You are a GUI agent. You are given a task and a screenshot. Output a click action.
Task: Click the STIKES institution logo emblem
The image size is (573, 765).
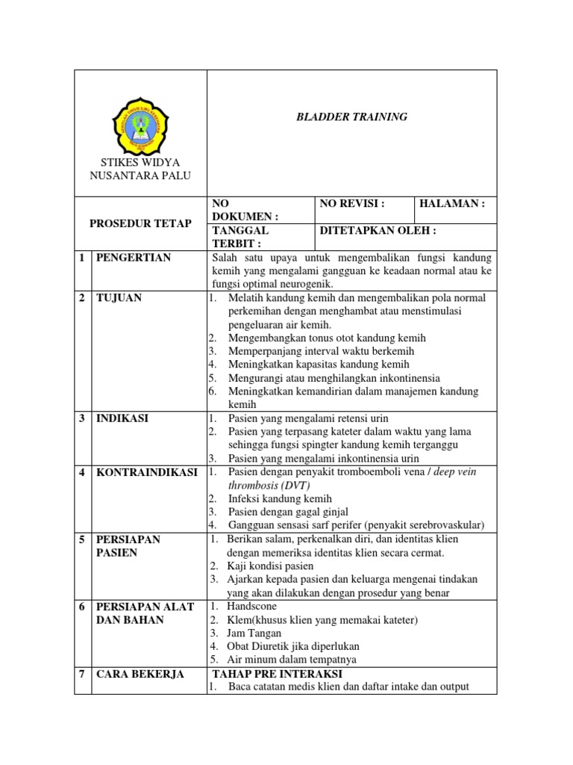tap(140, 123)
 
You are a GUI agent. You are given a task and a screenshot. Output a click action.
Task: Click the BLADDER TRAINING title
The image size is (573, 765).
tap(351, 117)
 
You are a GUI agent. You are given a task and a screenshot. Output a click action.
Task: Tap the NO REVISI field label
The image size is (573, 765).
tap(351, 203)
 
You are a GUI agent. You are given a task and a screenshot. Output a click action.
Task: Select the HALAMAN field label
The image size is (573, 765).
tap(452, 203)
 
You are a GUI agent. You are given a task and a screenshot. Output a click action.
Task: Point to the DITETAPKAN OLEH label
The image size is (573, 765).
tap(378, 231)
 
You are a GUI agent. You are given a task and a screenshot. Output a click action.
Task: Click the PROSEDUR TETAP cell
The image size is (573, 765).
tap(140, 223)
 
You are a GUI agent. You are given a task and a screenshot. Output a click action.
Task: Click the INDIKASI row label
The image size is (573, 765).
tap(122, 418)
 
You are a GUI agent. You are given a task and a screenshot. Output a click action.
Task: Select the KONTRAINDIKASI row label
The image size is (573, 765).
tap(146, 473)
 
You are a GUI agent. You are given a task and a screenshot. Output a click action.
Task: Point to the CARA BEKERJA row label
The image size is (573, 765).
tap(140, 675)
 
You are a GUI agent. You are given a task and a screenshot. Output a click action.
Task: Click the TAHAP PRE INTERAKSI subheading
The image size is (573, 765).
tap(278, 674)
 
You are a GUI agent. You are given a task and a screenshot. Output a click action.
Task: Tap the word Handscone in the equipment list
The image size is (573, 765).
tap(252, 606)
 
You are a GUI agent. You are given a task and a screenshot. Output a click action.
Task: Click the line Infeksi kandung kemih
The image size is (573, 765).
tap(280, 498)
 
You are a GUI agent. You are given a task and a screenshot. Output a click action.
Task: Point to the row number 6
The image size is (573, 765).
tap(82, 607)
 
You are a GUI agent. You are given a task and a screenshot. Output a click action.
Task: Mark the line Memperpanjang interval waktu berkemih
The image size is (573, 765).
tap(321, 351)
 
